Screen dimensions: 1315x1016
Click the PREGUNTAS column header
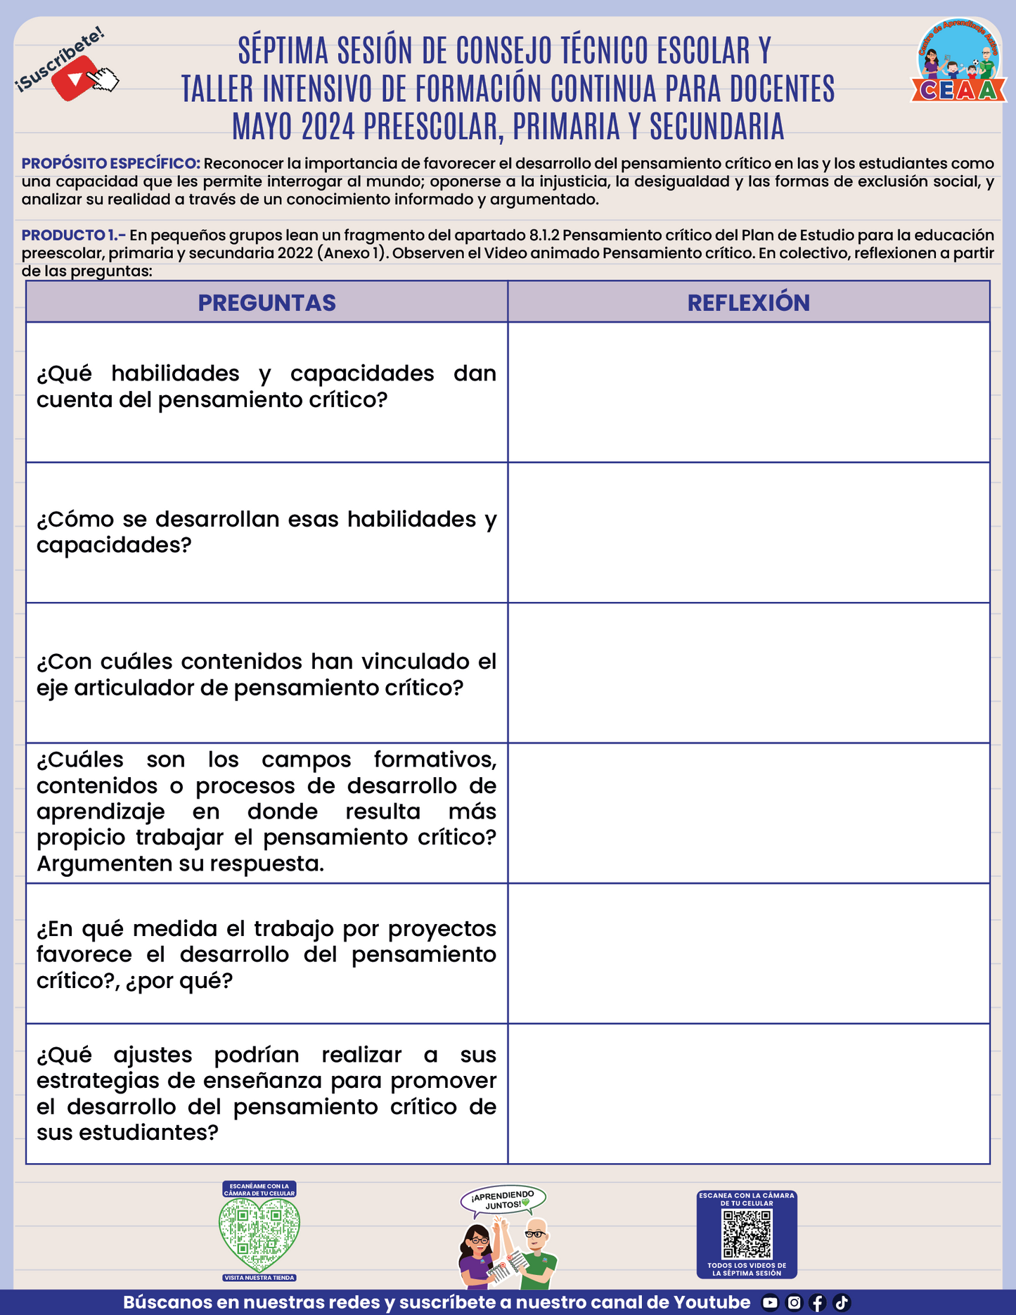pyautogui.click(x=266, y=302)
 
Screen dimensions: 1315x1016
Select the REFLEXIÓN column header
pyautogui.click(x=748, y=302)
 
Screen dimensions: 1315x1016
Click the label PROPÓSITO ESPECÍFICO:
pyautogui.click(x=111, y=163)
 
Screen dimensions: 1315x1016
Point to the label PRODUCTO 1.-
pyautogui.click(x=73, y=235)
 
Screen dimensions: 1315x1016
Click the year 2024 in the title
pyautogui.click(x=330, y=127)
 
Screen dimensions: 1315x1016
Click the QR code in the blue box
pyautogui.click(x=747, y=1233)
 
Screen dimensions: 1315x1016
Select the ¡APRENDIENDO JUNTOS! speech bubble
pyautogui.click(x=503, y=1200)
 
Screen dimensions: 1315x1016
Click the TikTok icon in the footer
pyautogui.click(x=842, y=1303)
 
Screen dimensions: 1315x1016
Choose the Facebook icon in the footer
pyautogui.click(x=817, y=1303)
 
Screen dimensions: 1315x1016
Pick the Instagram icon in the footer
pyautogui.click(x=794, y=1303)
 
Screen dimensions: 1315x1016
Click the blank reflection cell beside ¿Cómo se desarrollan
pyautogui.click(x=748, y=532)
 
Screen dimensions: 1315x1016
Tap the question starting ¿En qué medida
pyautogui.click(x=266, y=954)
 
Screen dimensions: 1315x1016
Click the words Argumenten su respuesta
pyautogui.click(x=180, y=864)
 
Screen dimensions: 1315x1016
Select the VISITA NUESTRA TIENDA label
pyautogui.click(x=259, y=1278)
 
